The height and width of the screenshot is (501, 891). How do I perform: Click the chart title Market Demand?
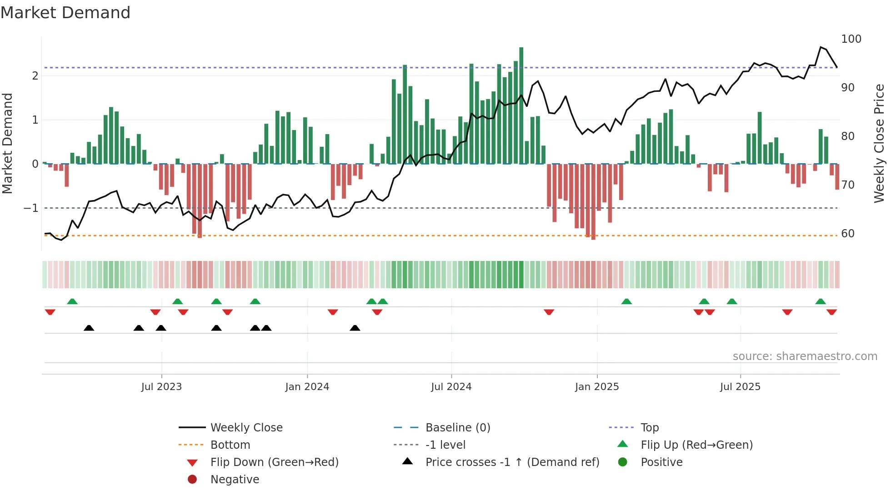pos(65,13)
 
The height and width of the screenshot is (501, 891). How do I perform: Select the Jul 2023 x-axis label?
pos(161,387)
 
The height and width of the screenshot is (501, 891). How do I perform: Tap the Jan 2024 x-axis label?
pos(307,387)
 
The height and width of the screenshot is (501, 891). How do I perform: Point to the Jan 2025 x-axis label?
pos(596,387)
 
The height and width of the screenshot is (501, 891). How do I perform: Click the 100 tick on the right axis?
pos(851,39)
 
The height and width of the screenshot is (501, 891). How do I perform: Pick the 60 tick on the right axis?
pos(847,234)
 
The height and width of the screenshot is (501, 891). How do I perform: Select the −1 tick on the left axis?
pos(31,208)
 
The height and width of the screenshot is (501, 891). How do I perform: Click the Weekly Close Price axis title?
pos(879,143)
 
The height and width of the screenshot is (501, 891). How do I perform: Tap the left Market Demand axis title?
pos(8,143)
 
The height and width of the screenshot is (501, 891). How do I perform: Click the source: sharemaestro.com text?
pos(805,356)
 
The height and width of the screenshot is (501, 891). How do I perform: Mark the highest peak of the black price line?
pos(821,47)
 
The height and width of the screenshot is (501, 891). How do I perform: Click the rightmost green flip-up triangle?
pos(821,302)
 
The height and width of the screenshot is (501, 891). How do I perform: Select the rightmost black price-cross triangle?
pos(355,328)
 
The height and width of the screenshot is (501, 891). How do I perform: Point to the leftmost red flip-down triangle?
pos(50,312)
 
